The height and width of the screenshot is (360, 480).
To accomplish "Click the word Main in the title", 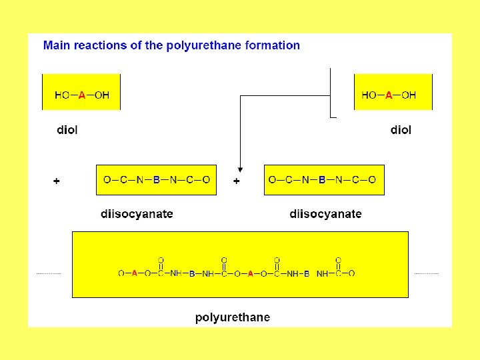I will pyautogui.click(x=57, y=45).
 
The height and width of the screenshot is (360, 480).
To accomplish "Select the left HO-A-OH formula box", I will pyautogui.click(x=81, y=92).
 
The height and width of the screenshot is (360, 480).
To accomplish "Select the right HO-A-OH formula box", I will pyautogui.click(x=393, y=92).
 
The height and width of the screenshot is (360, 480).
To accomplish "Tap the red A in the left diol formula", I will pyautogui.click(x=82, y=95).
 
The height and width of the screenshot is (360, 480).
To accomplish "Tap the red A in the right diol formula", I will pyautogui.click(x=389, y=95).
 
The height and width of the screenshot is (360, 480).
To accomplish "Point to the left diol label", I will pyautogui.click(x=67, y=130).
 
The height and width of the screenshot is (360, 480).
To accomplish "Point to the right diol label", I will pyautogui.click(x=401, y=130).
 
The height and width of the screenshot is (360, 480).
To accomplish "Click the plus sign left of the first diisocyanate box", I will pyautogui.click(x=56, y=181).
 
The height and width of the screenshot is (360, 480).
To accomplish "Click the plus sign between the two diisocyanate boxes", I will pyautogui.click(x=237, y=181).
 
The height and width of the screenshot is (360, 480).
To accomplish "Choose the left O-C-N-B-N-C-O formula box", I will pyautogui.click(x=156, y=179).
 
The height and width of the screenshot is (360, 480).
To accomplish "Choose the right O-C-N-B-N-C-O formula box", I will pyautogui.click(x=324, y=179).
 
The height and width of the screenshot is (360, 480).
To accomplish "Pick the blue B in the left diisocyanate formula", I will pyautogui.click(x=157, y=180).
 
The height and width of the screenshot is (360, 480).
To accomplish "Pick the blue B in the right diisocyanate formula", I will pyautogui.click(x=322, y=180).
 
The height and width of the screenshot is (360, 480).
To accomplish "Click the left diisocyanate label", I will pyautogui.click(x=137, y=214).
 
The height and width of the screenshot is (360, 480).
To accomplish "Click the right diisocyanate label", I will pyautogui.click(x=325, y=214).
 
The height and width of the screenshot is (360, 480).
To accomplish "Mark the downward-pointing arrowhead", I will pyautogui.click(x=240, y=168).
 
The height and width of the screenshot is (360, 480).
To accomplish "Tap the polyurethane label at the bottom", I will pyautogui.click(x=233, y=317).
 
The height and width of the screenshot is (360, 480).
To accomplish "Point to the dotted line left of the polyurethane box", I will pyautogui.click(x=48, y=273).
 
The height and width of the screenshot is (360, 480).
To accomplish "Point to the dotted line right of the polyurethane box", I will pyautogui.click(x=427, y=273).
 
